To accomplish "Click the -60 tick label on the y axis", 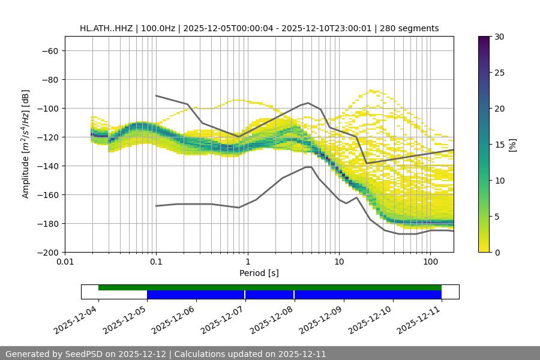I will coord(50,50).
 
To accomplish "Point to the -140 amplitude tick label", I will coord(47,166).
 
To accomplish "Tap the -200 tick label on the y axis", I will coord(47,252).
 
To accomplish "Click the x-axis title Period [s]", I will coord(259,273).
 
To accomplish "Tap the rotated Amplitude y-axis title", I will coord(26,144).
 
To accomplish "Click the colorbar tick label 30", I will coord(499,37).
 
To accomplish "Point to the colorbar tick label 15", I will coord(499,145).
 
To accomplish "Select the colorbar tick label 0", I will coord(496,252).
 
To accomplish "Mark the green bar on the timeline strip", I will coord(270,287).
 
